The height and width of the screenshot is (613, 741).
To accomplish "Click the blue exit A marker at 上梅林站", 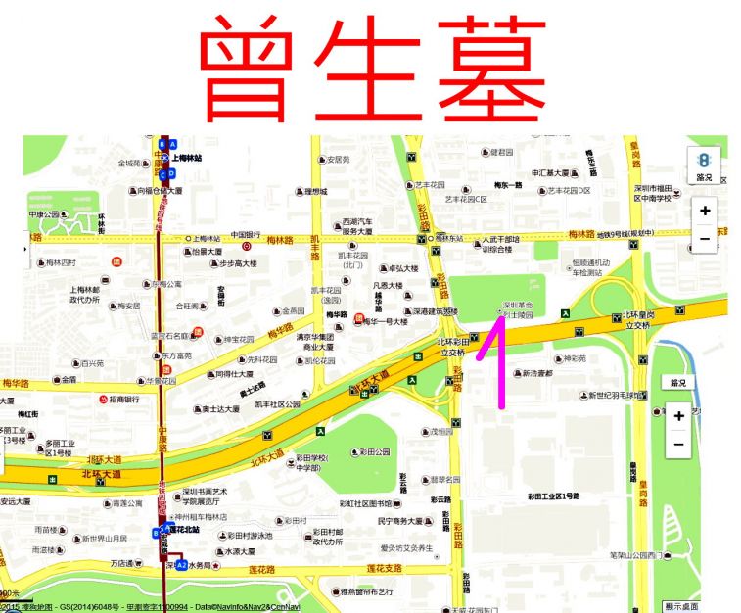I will tap(173, 144).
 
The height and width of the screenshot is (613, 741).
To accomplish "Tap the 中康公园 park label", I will tap(44, 214).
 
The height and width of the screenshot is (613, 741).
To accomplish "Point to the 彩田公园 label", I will tap(374, 452).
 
